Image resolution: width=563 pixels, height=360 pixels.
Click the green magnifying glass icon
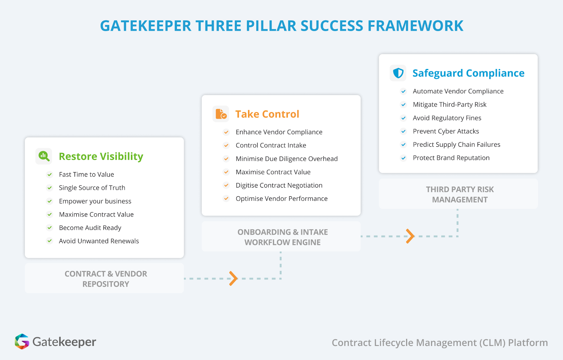(x=44, y=156)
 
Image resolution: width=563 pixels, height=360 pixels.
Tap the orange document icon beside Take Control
(x=221, y=114)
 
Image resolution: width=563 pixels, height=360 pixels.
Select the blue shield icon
(x=398, y=73)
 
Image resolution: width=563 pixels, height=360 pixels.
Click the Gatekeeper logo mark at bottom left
(x=22, y=341)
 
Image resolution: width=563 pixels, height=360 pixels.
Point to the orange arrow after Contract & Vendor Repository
(x=233, y=278)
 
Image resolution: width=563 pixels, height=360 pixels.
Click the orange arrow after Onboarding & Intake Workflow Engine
(x=410, y=236)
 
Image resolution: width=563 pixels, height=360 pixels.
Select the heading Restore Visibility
(x=101, y=156)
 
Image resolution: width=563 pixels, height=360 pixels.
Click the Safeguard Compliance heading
(x=468, y=73)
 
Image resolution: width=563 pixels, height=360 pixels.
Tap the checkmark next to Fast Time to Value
(x=50, y=175)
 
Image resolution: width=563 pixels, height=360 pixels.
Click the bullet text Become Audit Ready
(x=90, y=228)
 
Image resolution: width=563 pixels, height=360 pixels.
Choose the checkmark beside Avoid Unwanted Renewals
(x=50, y=241)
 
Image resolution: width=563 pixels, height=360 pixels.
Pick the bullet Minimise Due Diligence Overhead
(x=286, y=159)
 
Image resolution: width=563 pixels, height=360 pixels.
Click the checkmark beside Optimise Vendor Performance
(x=226, y=198)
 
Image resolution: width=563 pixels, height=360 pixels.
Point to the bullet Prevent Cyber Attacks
(x=446, y=131)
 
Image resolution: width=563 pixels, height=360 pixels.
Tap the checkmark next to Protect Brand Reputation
(x=403, y=158)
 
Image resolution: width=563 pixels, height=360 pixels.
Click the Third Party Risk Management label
(x=460, y=194)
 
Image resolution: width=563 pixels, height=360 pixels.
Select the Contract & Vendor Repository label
(x=106, y=279)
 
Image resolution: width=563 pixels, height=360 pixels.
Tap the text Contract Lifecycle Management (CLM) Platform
(x=439, y=342)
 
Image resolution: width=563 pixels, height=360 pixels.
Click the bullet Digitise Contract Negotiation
(x=279, y=185)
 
